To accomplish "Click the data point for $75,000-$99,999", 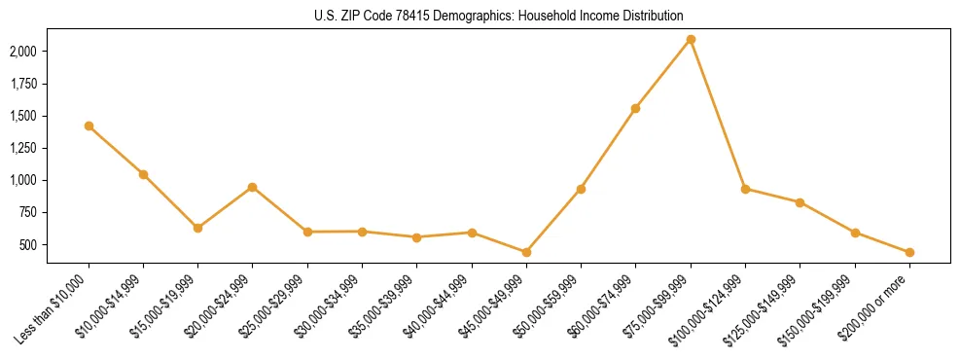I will point(691,39).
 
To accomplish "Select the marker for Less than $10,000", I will point(89,126).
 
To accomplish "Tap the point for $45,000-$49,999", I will point(526,252).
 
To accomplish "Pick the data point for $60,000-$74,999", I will point(635,108).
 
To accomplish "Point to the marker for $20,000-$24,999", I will point(253,187).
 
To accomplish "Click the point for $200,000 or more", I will point(909,252).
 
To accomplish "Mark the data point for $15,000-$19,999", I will point(197,228).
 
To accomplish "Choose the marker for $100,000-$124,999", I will point(745,189).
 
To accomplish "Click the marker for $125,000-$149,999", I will point(800,202).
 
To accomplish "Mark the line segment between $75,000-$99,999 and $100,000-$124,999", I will point(718,114).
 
